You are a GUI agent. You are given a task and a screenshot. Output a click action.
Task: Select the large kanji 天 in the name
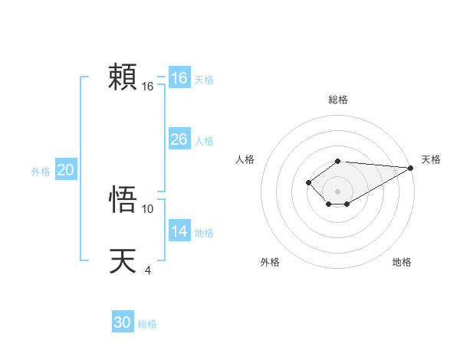pyautogui.click(x=123, y=260)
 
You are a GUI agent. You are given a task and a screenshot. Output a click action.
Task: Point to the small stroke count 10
pyautogui.click(x=148, y=208)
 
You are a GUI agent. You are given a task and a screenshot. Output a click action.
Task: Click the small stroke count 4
pyautogui.click(x=147, y=270)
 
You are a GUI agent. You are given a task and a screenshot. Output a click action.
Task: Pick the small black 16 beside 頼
pyautogui.click(x=148, y=87)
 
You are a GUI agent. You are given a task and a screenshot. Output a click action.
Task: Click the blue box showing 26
pyautogui.click(x=179, y=139)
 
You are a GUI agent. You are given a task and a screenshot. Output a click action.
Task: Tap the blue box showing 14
pyautogui.click(x=179, y=231)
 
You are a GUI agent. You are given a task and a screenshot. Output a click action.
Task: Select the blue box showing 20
pyautogui.click(x=65, y=170)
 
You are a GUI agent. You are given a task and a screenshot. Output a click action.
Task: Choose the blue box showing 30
pyautogui.click(x=122, y=322)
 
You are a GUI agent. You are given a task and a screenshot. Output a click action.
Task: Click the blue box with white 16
pyautogui.click(x=179, y=78)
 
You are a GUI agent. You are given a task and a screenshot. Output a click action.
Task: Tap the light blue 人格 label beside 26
pyautogui.click(x=204, y=141)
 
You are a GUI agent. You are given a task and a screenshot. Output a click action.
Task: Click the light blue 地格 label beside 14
pyautogui.click(x=204, y=233)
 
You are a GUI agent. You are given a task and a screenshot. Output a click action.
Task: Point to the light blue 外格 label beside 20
pyautogui.click(x=41, y=172)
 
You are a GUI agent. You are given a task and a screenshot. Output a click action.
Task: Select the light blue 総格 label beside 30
pyautogui.click(x=147, y=324)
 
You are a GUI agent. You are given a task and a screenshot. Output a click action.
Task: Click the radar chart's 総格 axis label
pyautogui.click(x=337, y=100)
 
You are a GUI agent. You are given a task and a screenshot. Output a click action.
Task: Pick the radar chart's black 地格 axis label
pyautogui.click(x=402, y=262)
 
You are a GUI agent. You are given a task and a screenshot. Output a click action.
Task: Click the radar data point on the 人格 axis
pyautogui.click(x=308, y=182)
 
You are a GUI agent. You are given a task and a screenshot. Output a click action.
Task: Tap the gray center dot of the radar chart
pyautogui.click(x=337, y=191)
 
